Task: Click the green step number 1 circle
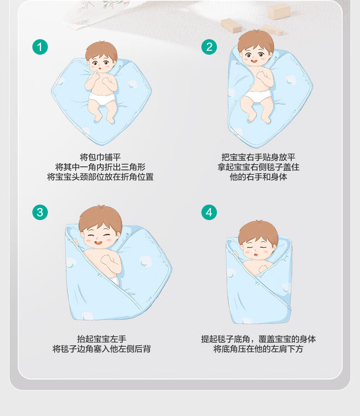[40, 47]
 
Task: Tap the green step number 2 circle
[209, 47]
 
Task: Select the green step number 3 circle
[40, 212]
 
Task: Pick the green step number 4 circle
[209, 212]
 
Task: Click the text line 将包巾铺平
[100, 157]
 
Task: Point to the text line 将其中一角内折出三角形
[100, 167]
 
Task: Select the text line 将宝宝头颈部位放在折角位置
[100, 177]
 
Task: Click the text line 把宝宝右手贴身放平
[258, 157]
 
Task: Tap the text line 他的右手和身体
[258, 177]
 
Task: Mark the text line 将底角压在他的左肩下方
[258, 349]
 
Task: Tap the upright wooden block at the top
[279, 11]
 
